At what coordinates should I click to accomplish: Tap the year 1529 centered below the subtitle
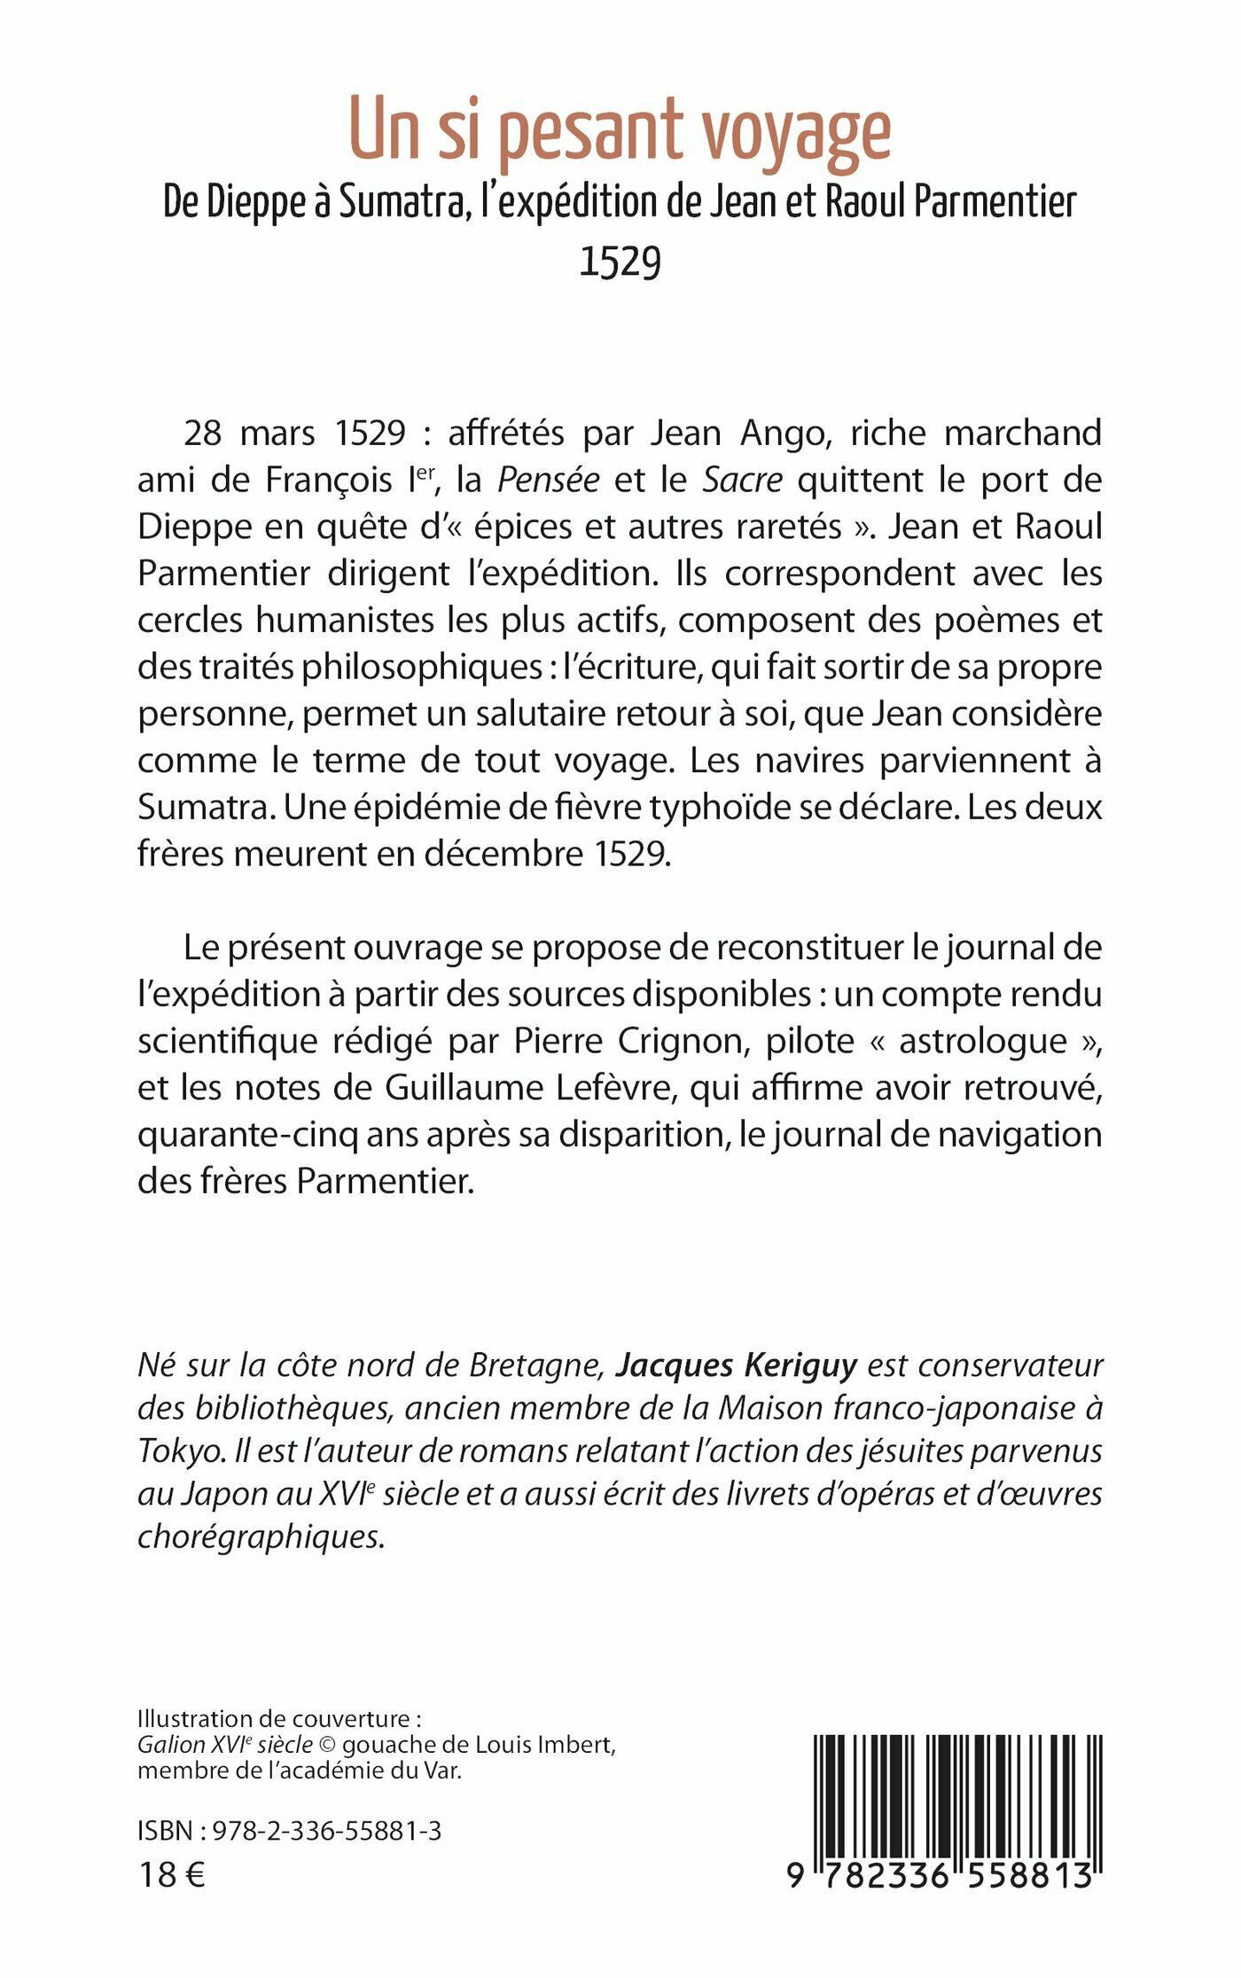point(620,262)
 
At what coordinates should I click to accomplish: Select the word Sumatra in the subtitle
point(402,202)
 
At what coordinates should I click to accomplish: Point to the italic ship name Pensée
point(548,480)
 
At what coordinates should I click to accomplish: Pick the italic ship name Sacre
point(742,480)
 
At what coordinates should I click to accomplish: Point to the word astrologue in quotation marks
point(983,1041)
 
